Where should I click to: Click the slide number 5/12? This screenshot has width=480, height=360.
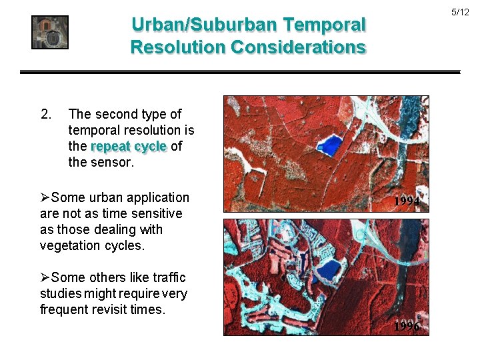[x=460, y=13]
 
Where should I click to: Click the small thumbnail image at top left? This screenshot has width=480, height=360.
[x=50, y=32]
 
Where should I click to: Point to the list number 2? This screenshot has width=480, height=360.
[x=45, y=114]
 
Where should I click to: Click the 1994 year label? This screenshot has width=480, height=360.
[x=406, y=201]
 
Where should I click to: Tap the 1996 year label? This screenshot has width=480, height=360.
[x=406, y=326]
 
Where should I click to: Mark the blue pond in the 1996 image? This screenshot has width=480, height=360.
[x=328, y=269]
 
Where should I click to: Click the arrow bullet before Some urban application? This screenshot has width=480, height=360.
[x=45, y=198]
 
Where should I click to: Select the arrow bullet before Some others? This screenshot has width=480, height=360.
[x=45, y=278]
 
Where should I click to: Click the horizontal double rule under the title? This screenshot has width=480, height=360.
[x=240, y=71]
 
